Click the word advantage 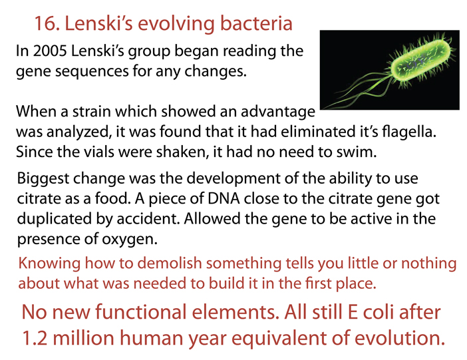pyautogui.click(x=277, y=112)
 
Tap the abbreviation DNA pyautogui.click(x=224, y=199)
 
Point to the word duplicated pyautogui.click(x=55, y=219)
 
